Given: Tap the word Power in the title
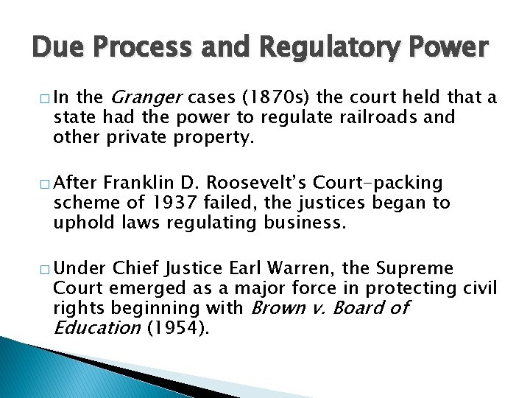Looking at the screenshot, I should coord(447,47).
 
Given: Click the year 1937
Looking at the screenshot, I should coord(173,201).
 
